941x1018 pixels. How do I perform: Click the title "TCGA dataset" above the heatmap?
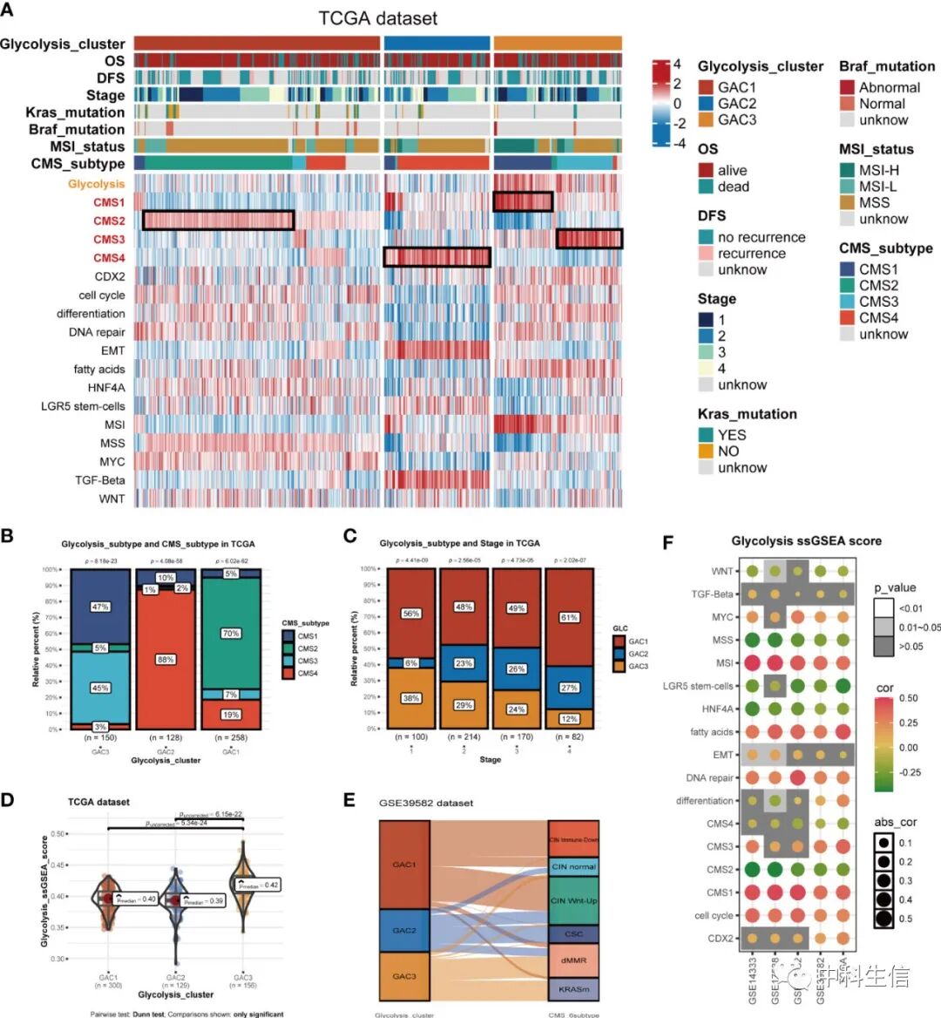tap(377, 18)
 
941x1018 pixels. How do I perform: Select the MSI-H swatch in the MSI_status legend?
tap(848, 171)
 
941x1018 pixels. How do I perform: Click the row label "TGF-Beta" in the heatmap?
tap(99, 480)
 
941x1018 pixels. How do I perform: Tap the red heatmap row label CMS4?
tap(109, 258)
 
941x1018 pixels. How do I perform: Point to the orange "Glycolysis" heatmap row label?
tap(96, 184)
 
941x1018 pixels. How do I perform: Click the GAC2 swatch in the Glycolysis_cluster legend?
tap(706, 104)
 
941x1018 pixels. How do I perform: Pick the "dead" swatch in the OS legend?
tap(706, 187)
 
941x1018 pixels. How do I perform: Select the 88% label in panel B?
tap(166, 660)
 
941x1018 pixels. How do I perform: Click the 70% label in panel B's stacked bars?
tap(230, 634)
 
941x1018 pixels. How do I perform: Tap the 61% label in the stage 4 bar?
tap(569, 617)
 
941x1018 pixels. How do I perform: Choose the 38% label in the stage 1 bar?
tap(410, 698)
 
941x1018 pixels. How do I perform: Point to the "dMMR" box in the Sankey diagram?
tap(573, 960)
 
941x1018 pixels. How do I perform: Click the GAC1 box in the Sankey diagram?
tap(404, 865)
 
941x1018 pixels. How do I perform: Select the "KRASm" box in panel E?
tap(573, 989)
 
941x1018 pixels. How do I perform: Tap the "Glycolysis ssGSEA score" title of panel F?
tap(806, 541)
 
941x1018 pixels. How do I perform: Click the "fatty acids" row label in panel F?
tap(711, 732)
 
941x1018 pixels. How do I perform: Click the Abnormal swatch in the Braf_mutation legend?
tap(848, 87)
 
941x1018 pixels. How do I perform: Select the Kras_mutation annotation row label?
tap(75, 112)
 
